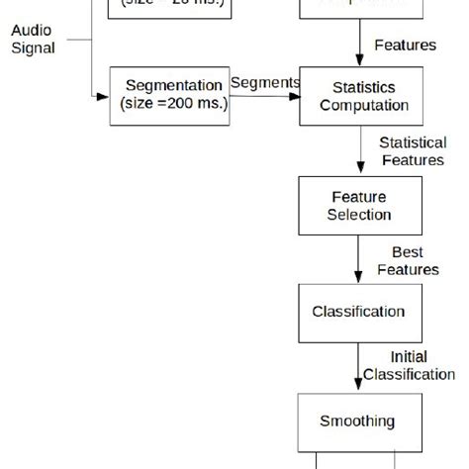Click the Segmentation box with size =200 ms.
coord(169,96)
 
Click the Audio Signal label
coord(32,39)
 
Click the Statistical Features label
coord(412,151)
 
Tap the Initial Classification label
coord(409,366)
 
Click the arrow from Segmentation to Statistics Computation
coord(264,97)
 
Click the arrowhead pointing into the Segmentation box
coord(104,97)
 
